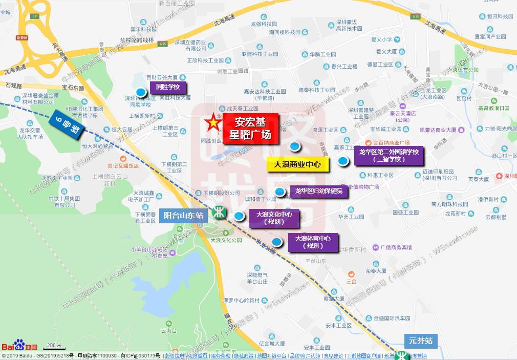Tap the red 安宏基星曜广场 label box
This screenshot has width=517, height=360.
tap(250, 129)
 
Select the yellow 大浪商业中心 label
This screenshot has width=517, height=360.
tap(297, 164)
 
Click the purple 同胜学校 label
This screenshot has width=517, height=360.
tap(167, 87)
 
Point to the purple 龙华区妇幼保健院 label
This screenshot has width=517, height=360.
tap(319, 191)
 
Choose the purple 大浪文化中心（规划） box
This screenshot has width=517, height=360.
tap(274, 218)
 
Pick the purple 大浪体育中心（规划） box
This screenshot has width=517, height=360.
tap(312, 242)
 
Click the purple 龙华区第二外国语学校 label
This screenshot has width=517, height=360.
tap(389, 155)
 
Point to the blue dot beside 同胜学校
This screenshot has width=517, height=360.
tap(140, 93)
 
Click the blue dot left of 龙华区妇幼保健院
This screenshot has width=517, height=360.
tap(279, 193)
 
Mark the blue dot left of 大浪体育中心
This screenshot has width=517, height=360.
tap(276, 242)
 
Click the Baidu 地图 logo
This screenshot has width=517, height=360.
tap(19, 346)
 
